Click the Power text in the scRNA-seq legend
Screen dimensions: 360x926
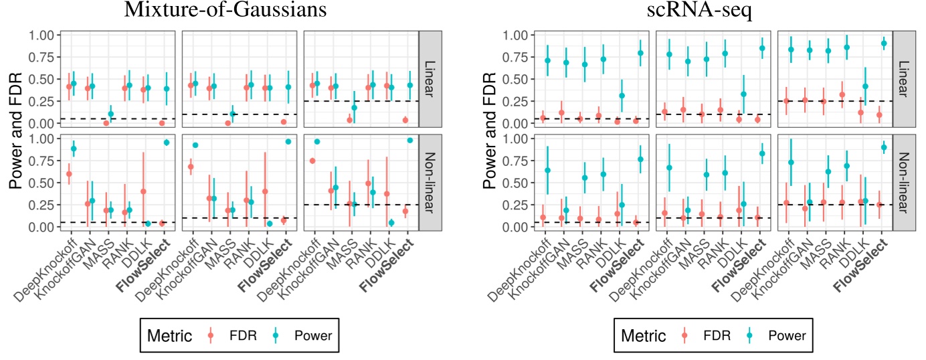click(785, 335)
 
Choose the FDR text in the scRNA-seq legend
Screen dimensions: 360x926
click(715, 335)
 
